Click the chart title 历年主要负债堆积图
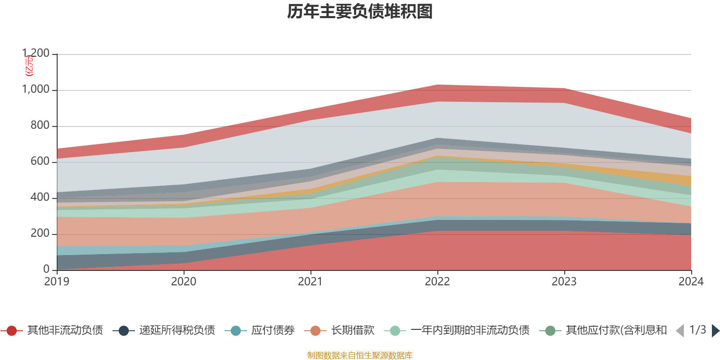360,12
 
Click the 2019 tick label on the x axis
57,281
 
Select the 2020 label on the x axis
184,281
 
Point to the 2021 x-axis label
310,281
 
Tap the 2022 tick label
437,281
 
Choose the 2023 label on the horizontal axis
564,281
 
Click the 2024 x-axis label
691,281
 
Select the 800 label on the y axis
40,125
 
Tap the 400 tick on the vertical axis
40,197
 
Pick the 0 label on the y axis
46,269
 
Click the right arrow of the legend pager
715,331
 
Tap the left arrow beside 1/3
680,331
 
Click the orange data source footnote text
360,355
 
